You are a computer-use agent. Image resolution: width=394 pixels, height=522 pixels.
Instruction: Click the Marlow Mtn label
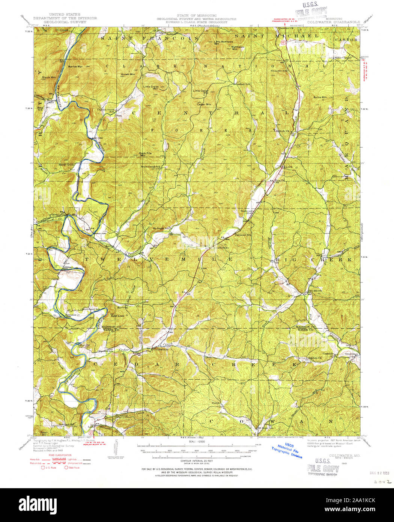click(x=75, y=66)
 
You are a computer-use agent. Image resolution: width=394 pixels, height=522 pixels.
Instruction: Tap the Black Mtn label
click(x=49, y=77)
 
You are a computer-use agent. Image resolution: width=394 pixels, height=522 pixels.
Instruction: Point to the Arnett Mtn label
click(x=128, y=74)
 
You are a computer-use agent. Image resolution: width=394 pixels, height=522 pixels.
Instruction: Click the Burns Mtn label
click(x=320, y=97)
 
